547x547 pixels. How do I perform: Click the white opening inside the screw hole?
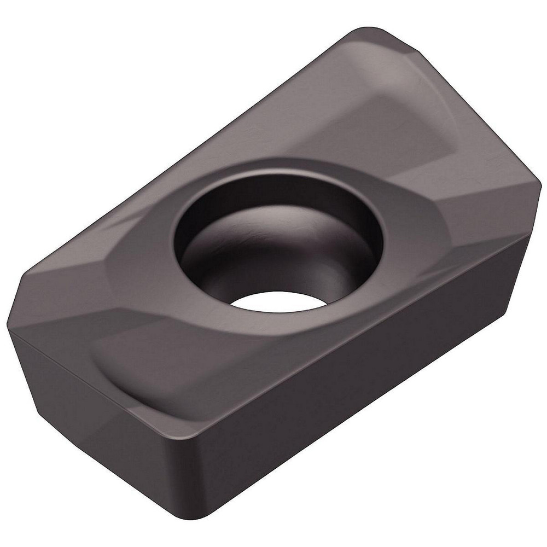click(x=276, y=300)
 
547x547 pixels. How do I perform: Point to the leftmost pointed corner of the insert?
click(x=8, y=327)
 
